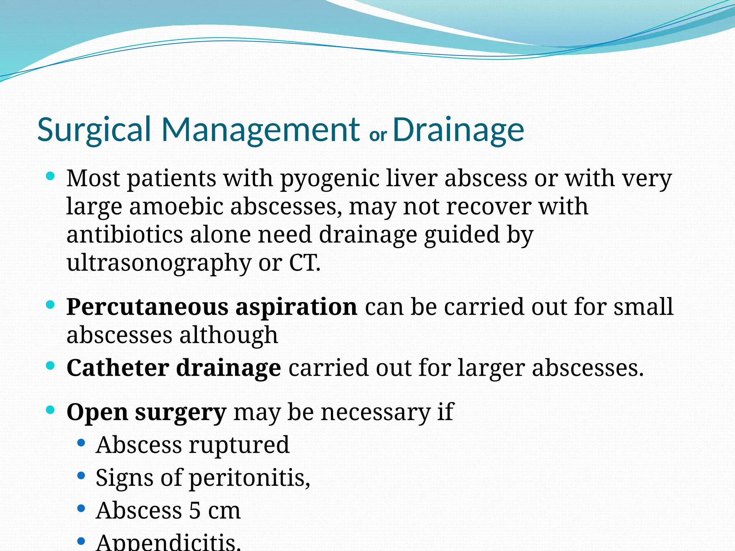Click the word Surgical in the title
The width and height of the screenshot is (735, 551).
click(94, 130)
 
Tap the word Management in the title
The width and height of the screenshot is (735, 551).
click(261, 130)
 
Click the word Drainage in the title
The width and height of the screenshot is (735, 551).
click(458, 130)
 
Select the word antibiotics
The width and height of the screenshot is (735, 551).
click(125, 235)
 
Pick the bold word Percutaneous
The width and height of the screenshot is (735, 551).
click(147, 307)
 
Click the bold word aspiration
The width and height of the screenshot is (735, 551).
click(296, 307)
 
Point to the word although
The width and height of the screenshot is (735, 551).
click(229, 335)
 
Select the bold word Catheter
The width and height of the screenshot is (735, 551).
click(118, 368)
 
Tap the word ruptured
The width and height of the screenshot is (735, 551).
click(239, 445)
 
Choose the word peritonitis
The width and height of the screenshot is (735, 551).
click(249, 478)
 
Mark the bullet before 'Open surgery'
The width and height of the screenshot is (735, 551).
click(50, 410)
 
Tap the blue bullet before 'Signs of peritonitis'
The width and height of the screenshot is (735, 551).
click(81, 476)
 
